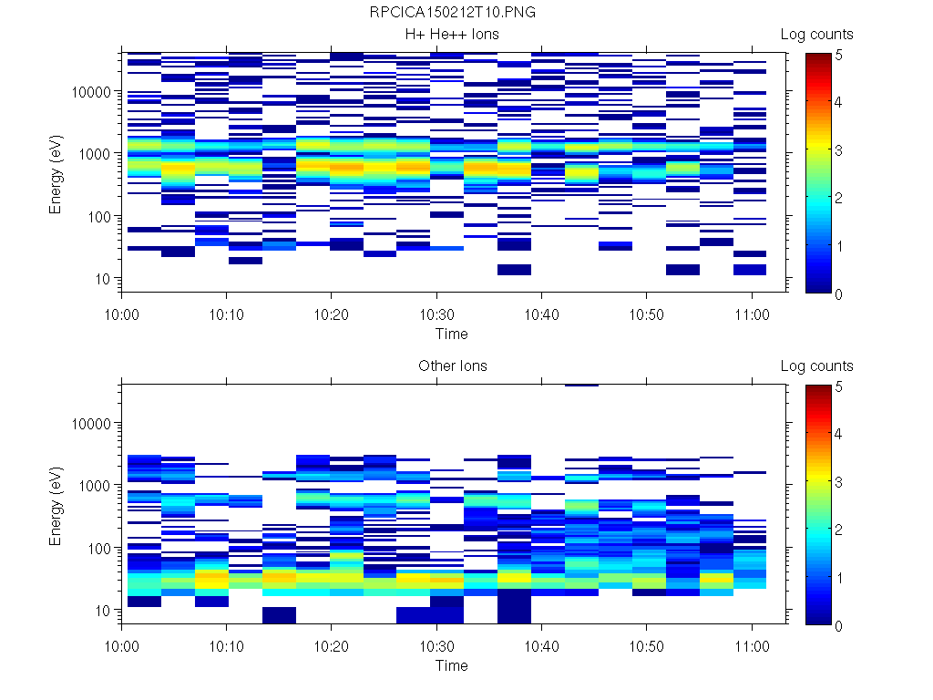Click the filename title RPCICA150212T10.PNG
tap(453, 13)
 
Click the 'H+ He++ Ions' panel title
tap(453, 35)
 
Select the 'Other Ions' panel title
tap(453, 366)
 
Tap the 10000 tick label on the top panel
tap(91, 92)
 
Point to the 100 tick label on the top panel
tap(98, 217)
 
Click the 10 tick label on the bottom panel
tap(102, 610)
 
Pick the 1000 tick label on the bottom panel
tap(95, 486)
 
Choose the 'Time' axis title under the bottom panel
tap(452, 665)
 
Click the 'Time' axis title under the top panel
tap(452, 334)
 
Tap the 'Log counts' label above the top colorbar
tap(817, 35)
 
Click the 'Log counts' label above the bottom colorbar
tap(817, 366)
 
